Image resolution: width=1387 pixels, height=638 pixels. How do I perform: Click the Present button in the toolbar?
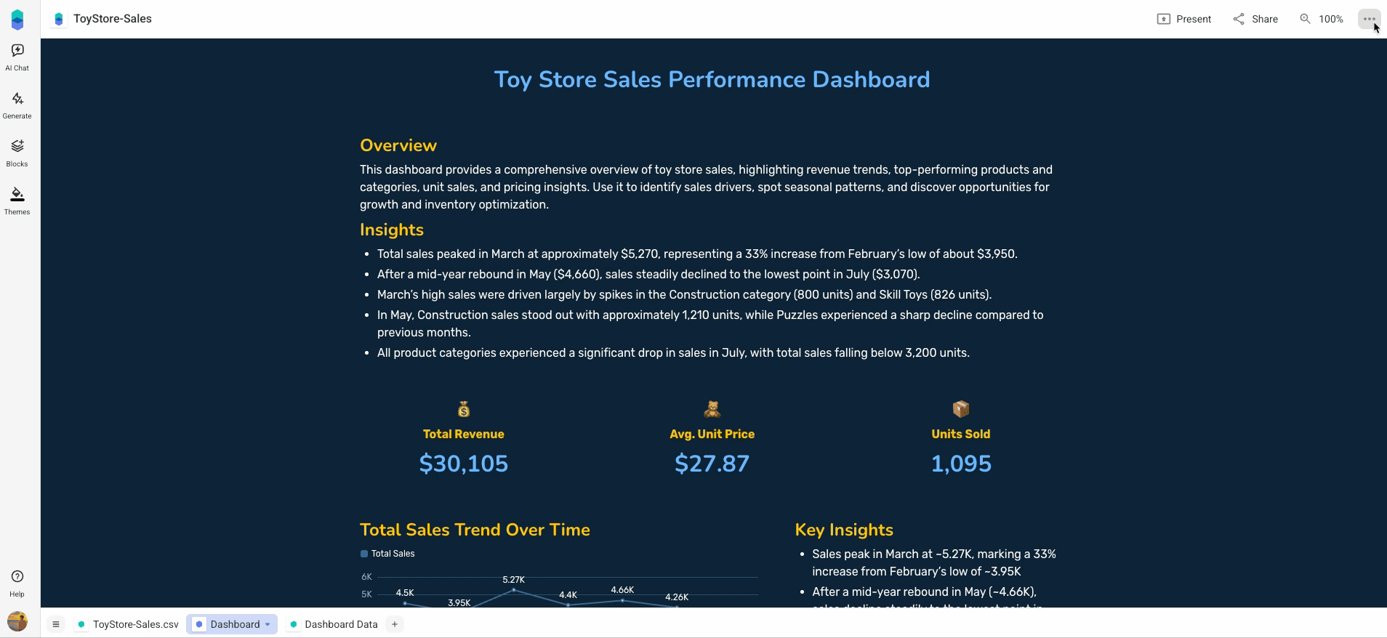click(x=1184, y=19)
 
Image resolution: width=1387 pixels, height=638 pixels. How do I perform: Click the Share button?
click(x=1255, y=19)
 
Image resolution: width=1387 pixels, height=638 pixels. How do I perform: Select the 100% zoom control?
click(x=1322, y=19)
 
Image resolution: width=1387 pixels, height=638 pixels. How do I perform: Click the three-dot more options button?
click(x=1369, y=19)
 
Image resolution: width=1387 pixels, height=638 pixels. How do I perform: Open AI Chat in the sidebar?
click(x=17, y=57)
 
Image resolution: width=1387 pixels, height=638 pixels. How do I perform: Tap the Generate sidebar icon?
click(x=17, y=105)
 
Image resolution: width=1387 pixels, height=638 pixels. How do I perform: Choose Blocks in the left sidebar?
click(x=17, y=153)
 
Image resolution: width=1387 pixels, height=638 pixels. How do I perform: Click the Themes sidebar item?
click(x=17, y=201)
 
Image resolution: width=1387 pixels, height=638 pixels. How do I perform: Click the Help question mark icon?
click(x=17, y=576)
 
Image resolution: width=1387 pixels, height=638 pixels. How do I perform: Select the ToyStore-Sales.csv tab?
click(x=128, y=624)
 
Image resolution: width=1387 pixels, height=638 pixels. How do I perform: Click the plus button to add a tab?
click(x=395, y=624)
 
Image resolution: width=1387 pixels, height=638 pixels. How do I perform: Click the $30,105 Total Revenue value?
click(x=464, y=464)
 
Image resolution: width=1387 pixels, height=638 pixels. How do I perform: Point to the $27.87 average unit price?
click(x=712, y=464)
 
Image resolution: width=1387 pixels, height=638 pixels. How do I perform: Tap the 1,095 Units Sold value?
click(x=961, y=464)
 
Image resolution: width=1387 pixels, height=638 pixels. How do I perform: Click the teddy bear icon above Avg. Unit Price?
click(x=712, y=409)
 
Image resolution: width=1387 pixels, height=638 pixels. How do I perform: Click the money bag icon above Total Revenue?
click(x=464, y=409)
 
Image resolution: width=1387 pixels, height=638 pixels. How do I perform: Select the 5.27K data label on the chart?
click(x=513, y=580)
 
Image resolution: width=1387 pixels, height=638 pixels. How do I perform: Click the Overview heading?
click(x=398, y=145)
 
